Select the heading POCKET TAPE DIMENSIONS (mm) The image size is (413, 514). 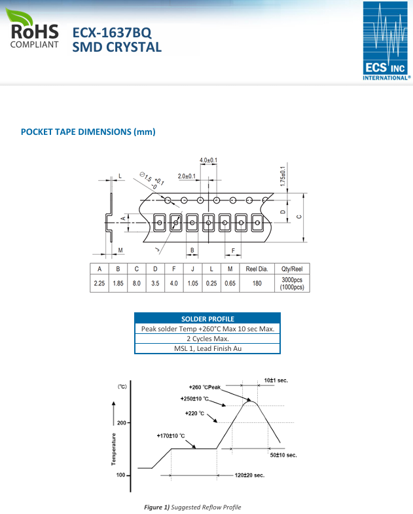[x=88, y=132]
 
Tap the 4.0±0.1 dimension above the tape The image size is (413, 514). [x=208, y=160]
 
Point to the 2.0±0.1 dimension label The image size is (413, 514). [x=187, y=176]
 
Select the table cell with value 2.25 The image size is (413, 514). [x=99, y=284]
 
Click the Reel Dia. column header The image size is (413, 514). [x=257, y=269]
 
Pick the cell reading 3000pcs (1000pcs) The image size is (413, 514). [x=292, y=284]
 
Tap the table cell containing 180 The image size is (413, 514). [x=257, y=284]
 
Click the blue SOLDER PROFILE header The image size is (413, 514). [x=207, y=319]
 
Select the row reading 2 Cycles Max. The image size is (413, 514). [x=207, y=339]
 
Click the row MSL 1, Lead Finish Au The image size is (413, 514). [x=207, y=348]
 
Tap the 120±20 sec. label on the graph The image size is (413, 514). [x=249, y=475]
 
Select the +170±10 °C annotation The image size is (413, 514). [x=171, y=436]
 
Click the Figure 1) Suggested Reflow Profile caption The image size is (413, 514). [x=192, y=507]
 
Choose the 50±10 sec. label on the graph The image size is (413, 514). [x=283, y=454]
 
